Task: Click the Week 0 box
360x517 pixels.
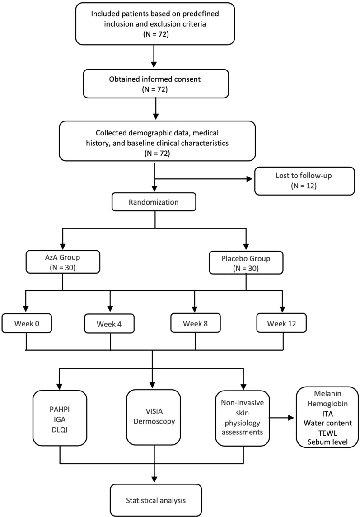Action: pos(26,323)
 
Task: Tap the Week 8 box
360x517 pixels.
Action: pos(195,323)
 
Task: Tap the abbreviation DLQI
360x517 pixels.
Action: pos(60,427)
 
